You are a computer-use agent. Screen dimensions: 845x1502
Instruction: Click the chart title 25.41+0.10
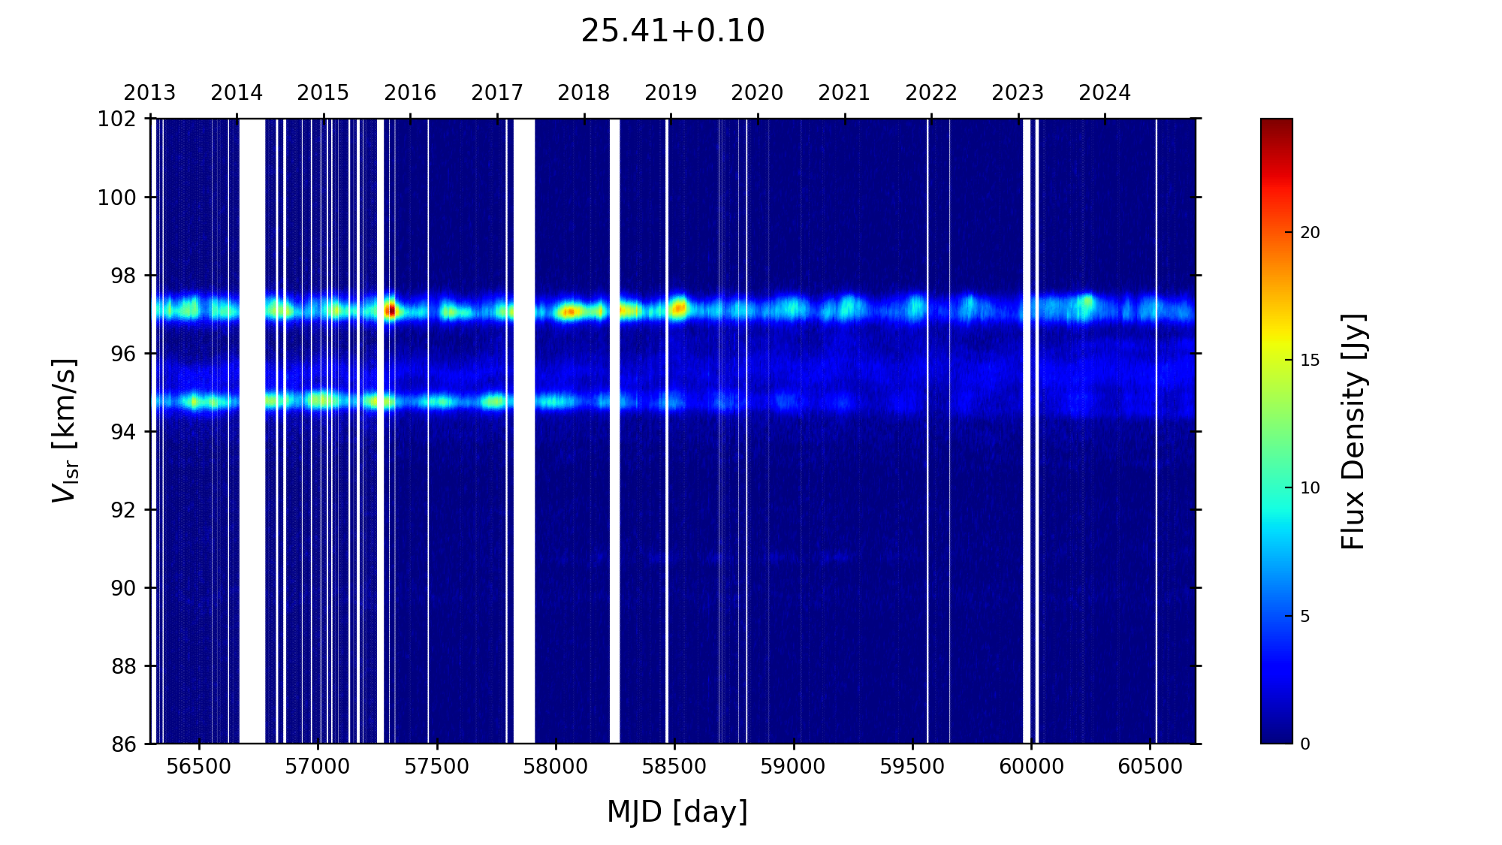click(672, 32)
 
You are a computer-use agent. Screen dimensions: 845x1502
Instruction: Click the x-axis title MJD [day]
click(677, 812)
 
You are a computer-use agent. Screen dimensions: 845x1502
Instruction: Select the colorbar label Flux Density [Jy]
click(1353, 431)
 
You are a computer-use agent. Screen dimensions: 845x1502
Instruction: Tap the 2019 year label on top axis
click(670, 93)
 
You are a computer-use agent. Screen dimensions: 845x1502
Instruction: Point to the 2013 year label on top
click(149, 93)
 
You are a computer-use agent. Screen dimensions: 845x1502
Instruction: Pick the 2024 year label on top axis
click(1104, 93)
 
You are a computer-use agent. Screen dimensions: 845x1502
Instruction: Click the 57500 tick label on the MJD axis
click(436, 767)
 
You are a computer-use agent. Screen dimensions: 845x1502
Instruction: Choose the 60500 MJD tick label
click(1150, 767)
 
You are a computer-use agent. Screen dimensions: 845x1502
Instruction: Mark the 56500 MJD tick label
click(199, 767)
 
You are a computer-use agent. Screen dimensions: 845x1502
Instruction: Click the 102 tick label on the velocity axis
click(117, 119)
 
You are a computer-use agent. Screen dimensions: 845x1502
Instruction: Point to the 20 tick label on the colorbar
click(1309, 233)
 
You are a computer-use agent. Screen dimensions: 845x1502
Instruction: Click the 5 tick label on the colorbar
click(1304, 617)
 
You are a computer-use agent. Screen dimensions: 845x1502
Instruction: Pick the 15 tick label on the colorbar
click(1309, 361)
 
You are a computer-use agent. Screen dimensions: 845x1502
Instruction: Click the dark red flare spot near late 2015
click(390, 309)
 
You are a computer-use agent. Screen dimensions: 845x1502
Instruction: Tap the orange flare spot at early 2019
click(679, 307)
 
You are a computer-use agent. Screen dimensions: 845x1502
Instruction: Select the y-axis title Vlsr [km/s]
click(65, 430)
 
